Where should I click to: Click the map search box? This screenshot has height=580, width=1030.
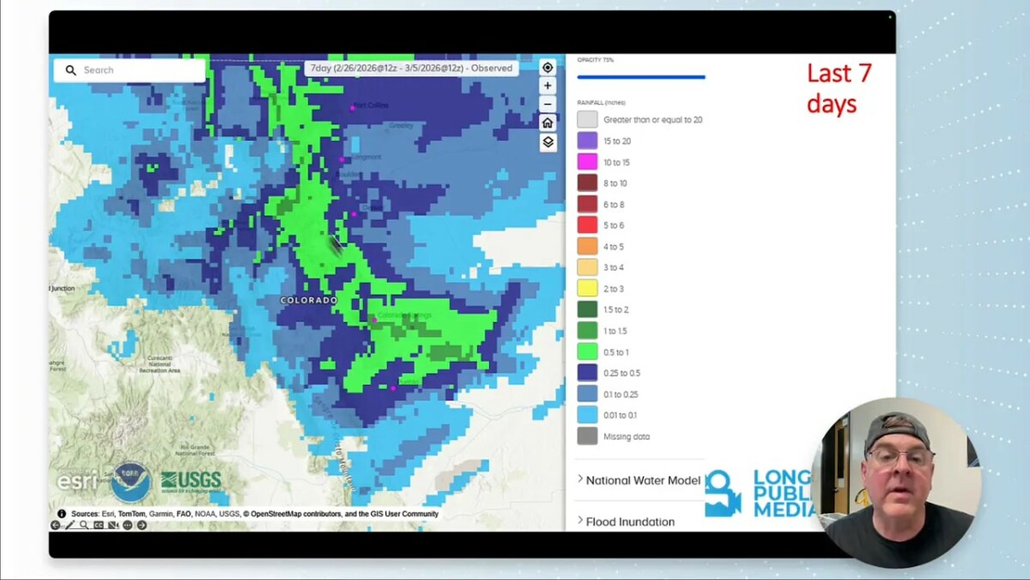click(129, 70)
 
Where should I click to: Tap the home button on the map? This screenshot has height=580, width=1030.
click(548, 123)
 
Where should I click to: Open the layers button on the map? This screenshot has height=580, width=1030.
click(548, 143)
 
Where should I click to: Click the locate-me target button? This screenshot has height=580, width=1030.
click(548, 67)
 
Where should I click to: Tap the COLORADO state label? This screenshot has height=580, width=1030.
click(308, 300)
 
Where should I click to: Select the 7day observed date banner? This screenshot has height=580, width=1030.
click(411, 68)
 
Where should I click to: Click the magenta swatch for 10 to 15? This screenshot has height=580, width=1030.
click(587, 162)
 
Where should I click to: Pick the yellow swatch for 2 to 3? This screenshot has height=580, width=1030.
click(587, 289)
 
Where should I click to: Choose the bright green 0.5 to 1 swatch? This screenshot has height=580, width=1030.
click(587, 352)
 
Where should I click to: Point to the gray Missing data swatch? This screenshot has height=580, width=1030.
click(587, 437)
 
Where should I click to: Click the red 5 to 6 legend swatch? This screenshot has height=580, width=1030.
click(587, 225)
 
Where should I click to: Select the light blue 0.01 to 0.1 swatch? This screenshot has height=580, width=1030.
click(587, 415)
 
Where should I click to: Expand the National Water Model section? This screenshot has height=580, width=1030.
click(639, 480)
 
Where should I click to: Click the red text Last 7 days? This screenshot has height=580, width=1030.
click(839, 89)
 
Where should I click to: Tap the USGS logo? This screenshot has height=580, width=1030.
click(191, 480)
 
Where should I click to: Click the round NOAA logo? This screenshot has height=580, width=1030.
click(130, 482)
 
